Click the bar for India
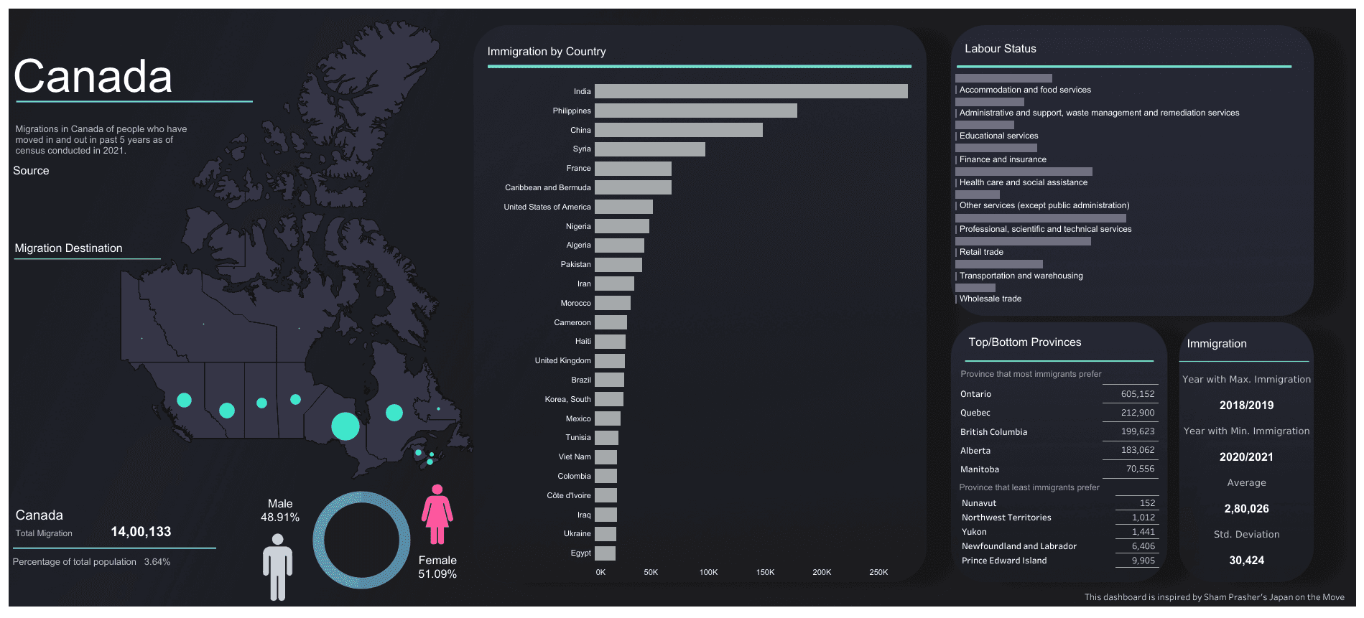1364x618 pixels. (x=751, y=91)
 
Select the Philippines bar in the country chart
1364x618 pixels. (x=695, y=111)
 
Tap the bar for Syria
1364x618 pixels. (x=649, y=149)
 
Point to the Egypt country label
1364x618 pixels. (x=581, y=553)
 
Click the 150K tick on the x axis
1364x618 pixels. (x=765, y=573)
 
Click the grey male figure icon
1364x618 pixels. (x=277, y=566)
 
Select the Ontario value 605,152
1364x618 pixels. (x=1138, y=394)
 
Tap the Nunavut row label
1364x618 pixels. (x=979, y=503)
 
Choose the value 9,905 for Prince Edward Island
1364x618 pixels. (x=1143, y=561)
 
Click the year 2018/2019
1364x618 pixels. (x=1246, y=406)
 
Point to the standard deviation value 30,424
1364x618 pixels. (x=1246, y=561)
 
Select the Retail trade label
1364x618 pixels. (x=981, y=253)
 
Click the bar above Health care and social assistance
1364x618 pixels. (x=1024, y=172)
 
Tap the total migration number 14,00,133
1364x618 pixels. (x=141, y=532)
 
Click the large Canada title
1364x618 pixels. (x=93, y=77)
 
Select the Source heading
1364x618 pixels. (x=31, y=171)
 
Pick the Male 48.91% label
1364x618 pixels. (x=280, y=510)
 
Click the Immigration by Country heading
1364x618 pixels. (x=547, y=52)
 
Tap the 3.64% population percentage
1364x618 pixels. (x=157, y=562)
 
